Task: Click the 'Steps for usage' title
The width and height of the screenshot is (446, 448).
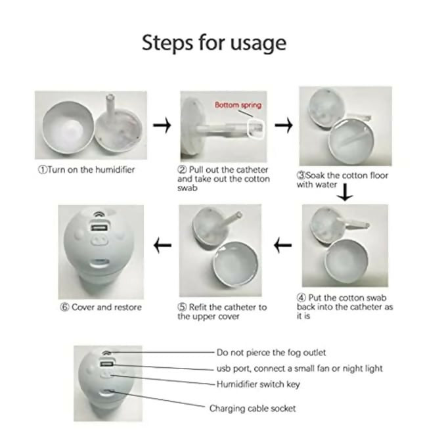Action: pyautogui.click(x=214, y=43)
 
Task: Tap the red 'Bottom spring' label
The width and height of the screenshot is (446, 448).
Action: pyautogui.click(x=238, y=105)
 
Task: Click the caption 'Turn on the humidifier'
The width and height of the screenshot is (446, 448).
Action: pyautogui.click(x=91, y=169)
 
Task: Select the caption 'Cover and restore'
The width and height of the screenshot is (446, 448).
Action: pyautogui.click(x=106, y=307)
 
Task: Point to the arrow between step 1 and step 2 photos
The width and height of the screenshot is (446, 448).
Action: pyautogui.click(x=162, y=125)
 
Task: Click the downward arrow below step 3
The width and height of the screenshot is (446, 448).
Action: pyautogui.click(x=345, y=192)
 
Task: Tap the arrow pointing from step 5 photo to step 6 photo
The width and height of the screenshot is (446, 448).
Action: pyautogui.click(x=163, y=245)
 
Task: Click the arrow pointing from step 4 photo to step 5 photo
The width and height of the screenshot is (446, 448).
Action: pyautogui.click(x=283, y=245)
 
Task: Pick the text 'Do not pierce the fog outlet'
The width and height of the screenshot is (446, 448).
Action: pyautogui.click(x=271, y=353)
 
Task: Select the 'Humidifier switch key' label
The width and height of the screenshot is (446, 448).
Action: pyautogui.click(x=258, y=384)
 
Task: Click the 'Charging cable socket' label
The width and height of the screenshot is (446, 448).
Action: pyautogui.click(x=253, y=409)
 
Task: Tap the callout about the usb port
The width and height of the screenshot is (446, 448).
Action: pyautogui.click(x=300, y=369)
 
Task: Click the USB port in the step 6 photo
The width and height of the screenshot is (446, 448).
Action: pyautogui.click(x=99, y=228)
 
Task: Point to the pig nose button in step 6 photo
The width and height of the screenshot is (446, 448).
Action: pyautogui.click(x=100, y=242)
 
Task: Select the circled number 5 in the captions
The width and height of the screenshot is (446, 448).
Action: pyautogui.click(x=182, y=307)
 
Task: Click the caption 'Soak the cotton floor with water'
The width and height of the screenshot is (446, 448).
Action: pyautogui.click(x=342, y=180)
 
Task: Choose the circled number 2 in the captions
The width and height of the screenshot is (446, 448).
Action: pyautogui.click(x=182, y=169)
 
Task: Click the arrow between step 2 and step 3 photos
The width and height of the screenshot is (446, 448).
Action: pyautogui.click(x=284, y=125)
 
